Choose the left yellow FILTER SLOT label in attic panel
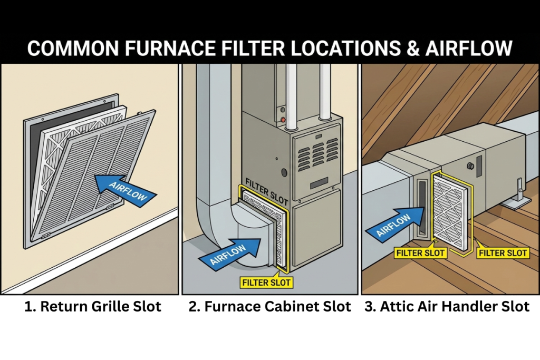421,253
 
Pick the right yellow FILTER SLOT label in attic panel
503,253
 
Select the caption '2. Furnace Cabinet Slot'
269,307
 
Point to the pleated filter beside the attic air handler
449,211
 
